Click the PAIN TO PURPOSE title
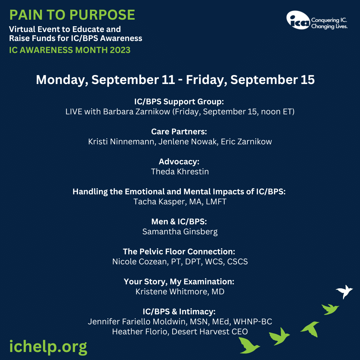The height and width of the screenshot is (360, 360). [72, 15]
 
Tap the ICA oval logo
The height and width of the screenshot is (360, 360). [298, 20]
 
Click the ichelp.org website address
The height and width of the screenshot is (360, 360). [48, 347]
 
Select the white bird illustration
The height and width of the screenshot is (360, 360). [344, 292]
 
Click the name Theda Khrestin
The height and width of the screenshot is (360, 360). [180, 172]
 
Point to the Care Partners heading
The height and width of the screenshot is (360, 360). [179, 132]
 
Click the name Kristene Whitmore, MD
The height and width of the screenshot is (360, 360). [180, 292]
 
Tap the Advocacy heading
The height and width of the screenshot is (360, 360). [179, 162]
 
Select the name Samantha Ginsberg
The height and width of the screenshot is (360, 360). [180, 232]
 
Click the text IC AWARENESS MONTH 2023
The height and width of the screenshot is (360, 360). [70, 50]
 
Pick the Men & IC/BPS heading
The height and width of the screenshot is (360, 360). [179, 222]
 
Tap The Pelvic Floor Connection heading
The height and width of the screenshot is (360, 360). [179, 252]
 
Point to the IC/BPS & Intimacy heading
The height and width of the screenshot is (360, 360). [179, 312]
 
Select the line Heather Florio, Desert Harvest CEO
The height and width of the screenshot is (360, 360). [180, 332]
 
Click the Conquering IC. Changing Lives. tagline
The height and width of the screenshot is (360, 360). [329, 23]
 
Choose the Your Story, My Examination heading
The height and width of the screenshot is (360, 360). [179, 282]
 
